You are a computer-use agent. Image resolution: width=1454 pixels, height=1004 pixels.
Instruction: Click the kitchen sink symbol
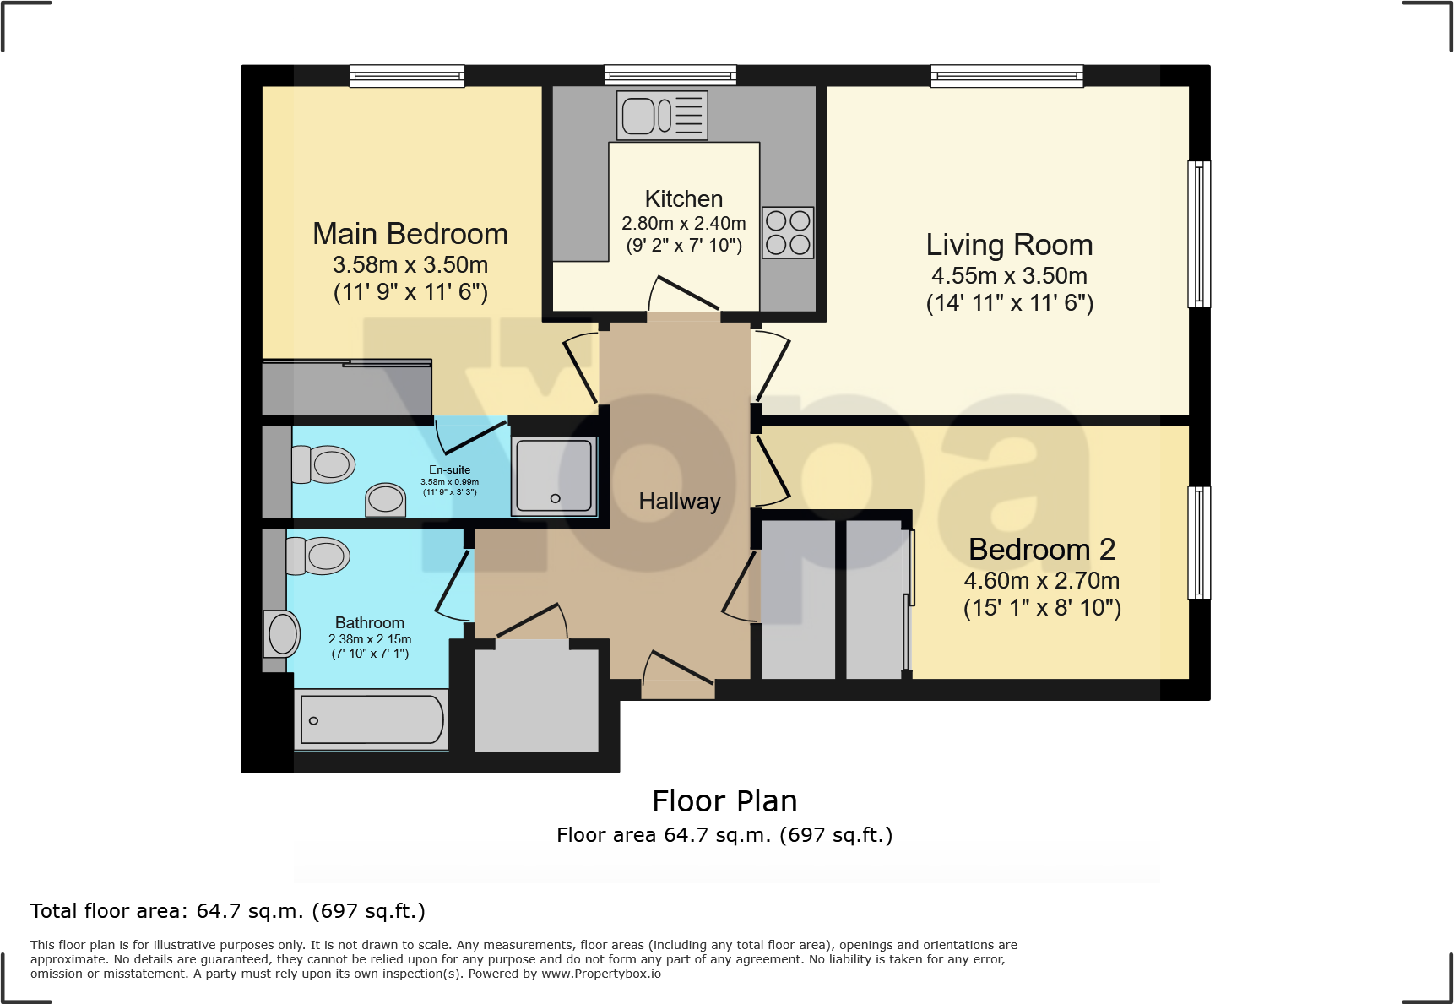tap(662, 116)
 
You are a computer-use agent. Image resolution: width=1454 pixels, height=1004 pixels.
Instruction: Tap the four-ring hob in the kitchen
tap(788, 232)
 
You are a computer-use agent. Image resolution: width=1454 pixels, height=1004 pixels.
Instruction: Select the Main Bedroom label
tap(410, 234)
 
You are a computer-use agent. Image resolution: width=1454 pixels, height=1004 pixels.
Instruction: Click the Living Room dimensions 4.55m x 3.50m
tap(1009, 276)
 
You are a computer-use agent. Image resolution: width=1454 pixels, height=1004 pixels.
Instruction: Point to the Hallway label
tap(680, 502)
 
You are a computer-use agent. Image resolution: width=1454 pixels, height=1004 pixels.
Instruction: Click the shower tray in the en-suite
tap(554, 475)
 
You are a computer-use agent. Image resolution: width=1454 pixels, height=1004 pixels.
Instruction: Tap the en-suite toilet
tap(323, 464)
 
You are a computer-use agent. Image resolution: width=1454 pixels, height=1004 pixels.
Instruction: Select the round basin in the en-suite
tap(386, 499)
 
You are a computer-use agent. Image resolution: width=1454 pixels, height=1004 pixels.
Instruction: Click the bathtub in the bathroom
tap(372, 719)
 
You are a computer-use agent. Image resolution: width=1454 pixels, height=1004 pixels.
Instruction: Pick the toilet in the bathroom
tap(318, 556)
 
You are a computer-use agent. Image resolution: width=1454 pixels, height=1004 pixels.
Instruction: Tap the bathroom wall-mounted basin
tap(282, 633)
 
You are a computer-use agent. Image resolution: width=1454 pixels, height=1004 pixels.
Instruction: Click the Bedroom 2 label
tap(1042, 550)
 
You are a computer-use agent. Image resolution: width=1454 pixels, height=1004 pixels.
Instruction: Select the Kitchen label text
tap(684, 199)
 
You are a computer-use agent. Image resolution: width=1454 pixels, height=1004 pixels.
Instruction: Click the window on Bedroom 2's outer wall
tap(1199, 542)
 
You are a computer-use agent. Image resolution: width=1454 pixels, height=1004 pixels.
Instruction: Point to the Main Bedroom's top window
tap(407, 76)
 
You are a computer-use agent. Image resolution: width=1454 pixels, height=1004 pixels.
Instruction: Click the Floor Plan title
tap(724, 800)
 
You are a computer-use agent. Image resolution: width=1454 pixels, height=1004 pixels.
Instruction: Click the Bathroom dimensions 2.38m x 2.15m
tap(370, 639)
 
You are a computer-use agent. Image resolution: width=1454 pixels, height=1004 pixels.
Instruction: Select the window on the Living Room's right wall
tap(1199, 233)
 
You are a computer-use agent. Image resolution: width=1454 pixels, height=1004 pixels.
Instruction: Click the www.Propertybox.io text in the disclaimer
tap(600, 974)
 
